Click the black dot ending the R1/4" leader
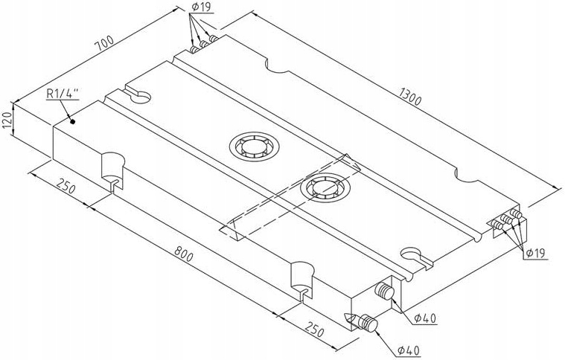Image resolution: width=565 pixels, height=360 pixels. click(72, 119)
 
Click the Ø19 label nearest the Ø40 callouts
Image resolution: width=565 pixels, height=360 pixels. click(536, 254)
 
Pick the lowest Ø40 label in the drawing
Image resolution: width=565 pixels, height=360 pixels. click(409, 350)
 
